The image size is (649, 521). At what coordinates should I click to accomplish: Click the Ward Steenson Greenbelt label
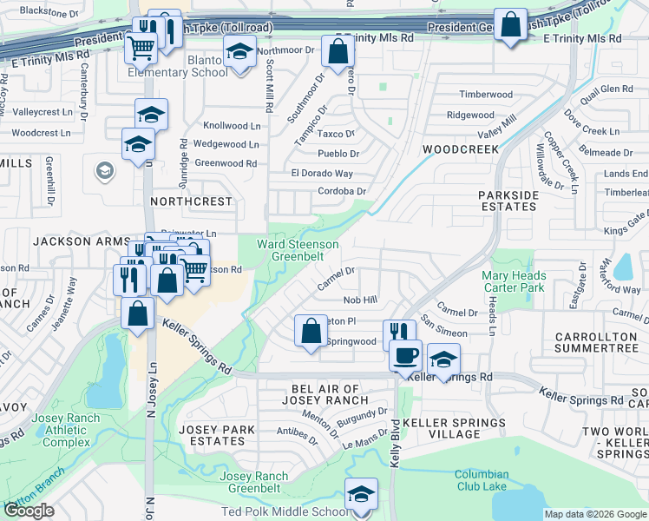(292, 250)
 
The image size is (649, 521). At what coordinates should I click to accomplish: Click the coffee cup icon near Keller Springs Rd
(405, 353)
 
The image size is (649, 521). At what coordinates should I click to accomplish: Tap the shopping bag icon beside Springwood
(311, 331)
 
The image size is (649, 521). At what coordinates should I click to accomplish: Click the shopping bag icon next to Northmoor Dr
(338, 51)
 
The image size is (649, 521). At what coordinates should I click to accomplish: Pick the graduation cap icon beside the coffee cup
(442, 360)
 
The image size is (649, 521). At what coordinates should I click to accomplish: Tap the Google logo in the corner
(29, 511)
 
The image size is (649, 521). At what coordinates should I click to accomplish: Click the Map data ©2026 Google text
(594, 514)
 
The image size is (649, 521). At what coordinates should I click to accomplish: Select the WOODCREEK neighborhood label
(460, 149)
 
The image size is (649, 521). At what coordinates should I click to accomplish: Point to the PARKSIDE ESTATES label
(508, 201)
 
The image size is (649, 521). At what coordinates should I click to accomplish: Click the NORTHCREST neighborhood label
(192, 201)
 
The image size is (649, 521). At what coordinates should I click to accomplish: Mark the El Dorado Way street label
(322, 174)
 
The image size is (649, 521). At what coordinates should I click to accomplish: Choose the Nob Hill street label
(360, 300)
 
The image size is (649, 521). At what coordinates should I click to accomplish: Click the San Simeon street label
(444, 333)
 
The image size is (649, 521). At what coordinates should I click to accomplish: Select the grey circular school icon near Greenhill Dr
(105, 170)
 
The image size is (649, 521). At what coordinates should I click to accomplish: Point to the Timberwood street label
(486, 94)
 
